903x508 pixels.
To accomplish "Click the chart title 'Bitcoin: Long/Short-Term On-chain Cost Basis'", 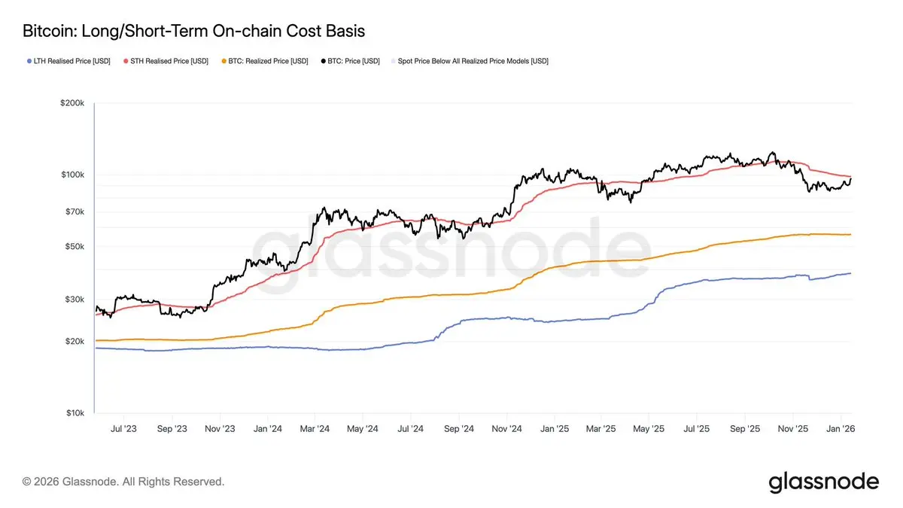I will (194, 32).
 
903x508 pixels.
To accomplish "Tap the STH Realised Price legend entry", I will (166, 61).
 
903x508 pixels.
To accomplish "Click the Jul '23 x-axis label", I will (123, 428).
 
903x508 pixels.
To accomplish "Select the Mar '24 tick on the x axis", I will (315, 428).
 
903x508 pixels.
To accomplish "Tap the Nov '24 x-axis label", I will (506, 428).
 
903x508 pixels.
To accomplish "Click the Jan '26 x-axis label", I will (840, 428).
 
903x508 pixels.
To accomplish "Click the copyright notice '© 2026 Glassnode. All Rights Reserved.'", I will (123, 481).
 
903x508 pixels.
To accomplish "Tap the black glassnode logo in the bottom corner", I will (823, 482).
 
